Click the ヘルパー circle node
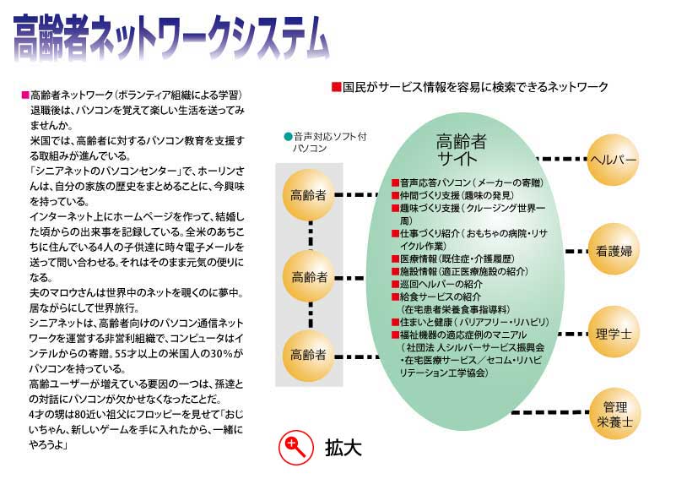click(x=613, y=161)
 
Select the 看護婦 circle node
click(x=614, y=250)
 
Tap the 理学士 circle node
click(x=614, y=333)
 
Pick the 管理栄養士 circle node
click(x=614, y=414)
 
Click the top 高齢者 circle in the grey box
click(x=308, y=195)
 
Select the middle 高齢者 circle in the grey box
click(x=309, y=276)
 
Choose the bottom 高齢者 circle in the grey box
click(x=308, y=356)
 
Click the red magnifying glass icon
click(x=295, y=447)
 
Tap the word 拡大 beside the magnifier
click(x=343, y=447)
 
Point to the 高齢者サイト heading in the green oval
click(x=460, y=150)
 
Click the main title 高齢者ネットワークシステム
click(x=171, y=38)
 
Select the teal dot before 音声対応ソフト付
click(x=288, y=137)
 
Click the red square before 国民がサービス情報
click(x=336, y=87)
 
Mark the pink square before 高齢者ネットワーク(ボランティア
click(x=25, y=95)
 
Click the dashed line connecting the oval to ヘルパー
click(x=562, y=159)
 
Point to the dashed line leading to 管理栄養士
click(x=549, y=412)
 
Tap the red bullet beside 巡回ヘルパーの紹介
click(x=395, y=284)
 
